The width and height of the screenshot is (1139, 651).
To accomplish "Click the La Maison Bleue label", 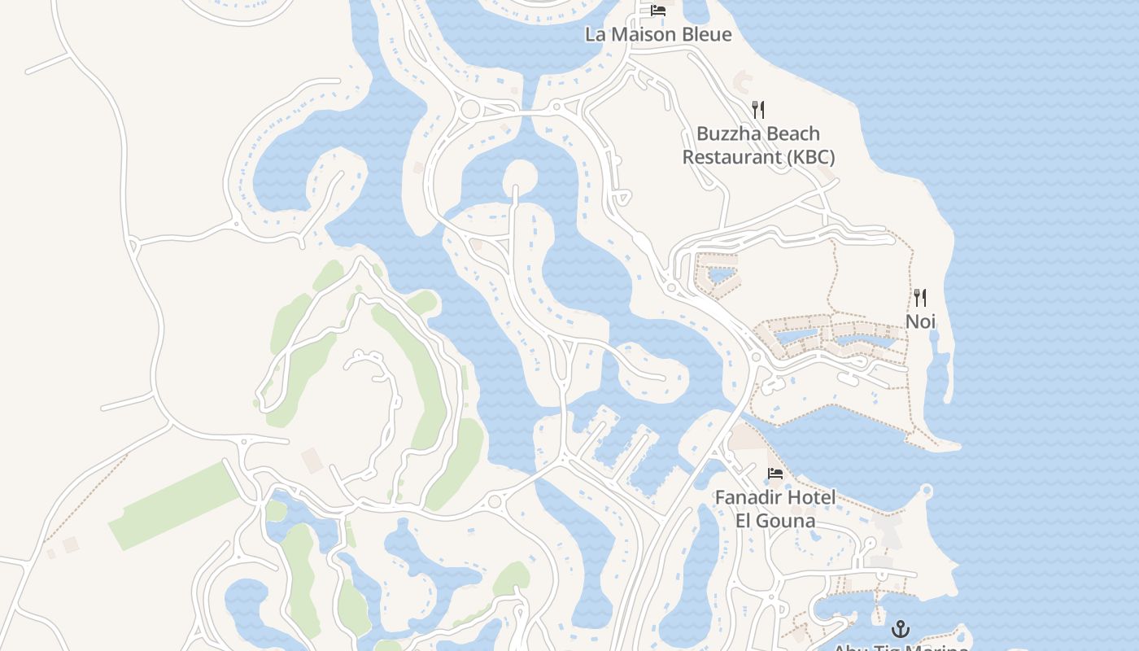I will (658, 34).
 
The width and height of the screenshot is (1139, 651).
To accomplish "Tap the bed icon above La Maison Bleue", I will (658, 11).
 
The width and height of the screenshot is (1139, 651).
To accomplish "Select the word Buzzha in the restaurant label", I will (727, 133).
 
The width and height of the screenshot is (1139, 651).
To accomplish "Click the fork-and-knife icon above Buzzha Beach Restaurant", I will (758, 109).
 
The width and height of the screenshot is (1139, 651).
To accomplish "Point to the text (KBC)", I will (805, 157).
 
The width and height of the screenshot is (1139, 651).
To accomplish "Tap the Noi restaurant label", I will (920, 321).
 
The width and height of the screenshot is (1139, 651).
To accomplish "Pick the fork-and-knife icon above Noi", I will (920, 298).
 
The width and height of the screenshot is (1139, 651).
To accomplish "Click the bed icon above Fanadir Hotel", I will (775, 474).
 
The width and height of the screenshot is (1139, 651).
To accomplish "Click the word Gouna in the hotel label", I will (786, 521).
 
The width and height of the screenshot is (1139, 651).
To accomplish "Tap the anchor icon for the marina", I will (900, 628).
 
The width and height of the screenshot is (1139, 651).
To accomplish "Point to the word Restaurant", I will (732, 157).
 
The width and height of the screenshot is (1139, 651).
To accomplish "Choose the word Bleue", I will (705, 34).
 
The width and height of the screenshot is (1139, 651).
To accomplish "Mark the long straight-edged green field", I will (174, 505).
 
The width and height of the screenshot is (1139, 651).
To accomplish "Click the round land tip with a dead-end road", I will (520, 176).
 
